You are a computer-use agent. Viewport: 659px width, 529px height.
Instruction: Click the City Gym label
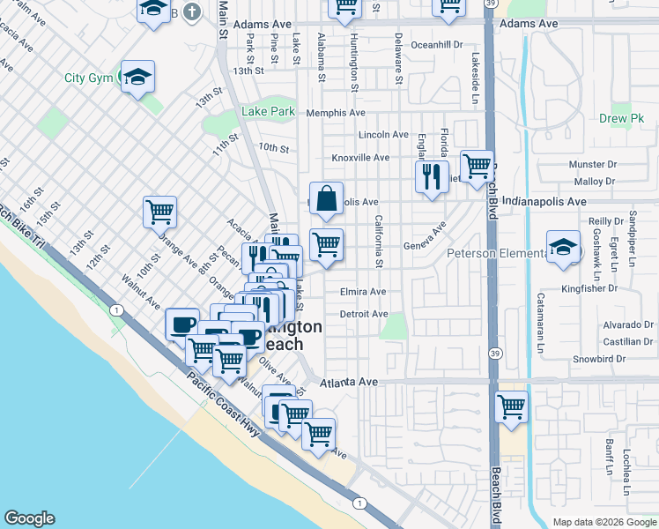pyautogui.click(x=88, y=78)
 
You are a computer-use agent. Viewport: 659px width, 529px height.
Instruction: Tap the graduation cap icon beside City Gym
pyautogui.click(x=137, y=78)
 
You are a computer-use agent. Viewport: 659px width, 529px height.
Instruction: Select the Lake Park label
pyautogui.click(x=269, y=112)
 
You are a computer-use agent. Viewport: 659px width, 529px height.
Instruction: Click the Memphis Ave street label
pyautogui.click(x=336, y=113)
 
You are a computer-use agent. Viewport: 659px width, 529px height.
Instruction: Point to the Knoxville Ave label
pyautogui.click(x=360, y=158)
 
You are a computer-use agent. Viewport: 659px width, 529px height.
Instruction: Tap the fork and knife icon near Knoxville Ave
pyautogui.click(x=432, y=176)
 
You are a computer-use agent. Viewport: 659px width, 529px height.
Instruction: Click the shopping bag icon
pyautogui.click(x=326, y=199)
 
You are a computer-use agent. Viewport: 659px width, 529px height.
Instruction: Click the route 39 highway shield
pyautogui.click(x=495, y=354)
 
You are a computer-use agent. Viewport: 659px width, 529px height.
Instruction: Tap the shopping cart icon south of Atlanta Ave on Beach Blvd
pyautogui.click(x=512, y=407)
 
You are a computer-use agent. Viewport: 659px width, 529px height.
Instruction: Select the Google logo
pyautogui.click(x=29, y=518)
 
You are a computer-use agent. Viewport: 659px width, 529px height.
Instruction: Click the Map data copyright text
pyautogui.click(x=603, y=522)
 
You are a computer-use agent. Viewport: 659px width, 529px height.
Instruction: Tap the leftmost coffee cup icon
pyautogui.click(x=183, y=324)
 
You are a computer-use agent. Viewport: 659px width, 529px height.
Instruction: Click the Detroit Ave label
pyautogui.click(x=364, y=314)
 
